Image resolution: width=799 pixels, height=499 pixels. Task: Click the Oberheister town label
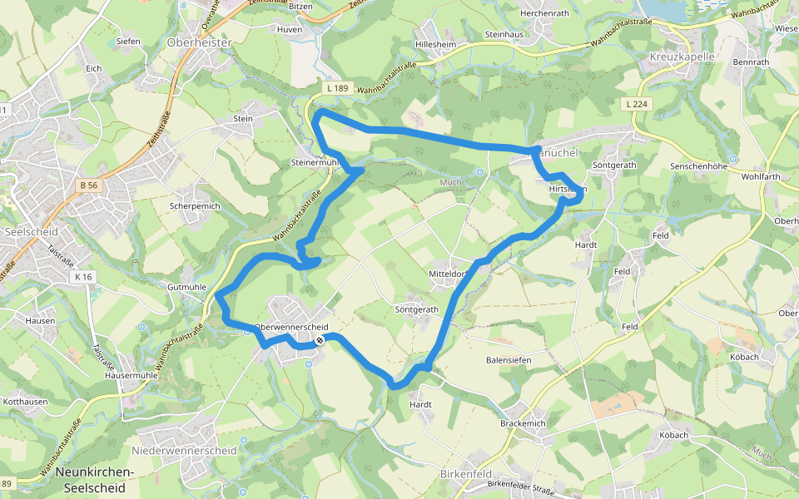199,42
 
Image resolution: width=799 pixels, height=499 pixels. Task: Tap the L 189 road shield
337,88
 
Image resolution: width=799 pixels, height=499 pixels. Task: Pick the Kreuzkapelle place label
681,57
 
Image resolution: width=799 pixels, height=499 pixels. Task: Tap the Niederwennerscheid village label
184,451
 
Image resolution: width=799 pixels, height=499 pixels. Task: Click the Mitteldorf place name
450,274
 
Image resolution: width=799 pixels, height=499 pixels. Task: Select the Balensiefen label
509,360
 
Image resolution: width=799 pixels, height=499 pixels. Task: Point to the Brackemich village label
523,423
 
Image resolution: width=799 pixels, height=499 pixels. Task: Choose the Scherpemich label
194,205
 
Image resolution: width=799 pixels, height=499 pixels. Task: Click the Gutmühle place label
186,287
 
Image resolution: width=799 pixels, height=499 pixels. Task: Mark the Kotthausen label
27,402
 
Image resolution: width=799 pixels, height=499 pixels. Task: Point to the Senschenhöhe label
699,166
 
